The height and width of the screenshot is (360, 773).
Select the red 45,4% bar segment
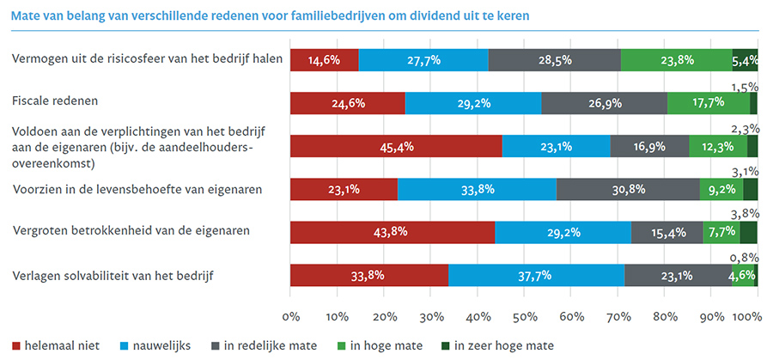pos(396,146)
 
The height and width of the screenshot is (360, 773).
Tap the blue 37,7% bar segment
pos(536,276)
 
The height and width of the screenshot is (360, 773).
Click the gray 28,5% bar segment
pos(554,60)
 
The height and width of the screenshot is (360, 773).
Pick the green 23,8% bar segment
pos(676,60)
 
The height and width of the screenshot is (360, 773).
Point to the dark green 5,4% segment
pos(745,60)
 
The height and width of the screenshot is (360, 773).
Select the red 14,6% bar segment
pos(324,60)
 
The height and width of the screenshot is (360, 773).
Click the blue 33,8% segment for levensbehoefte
pos(477,189)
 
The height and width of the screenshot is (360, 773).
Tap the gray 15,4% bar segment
pos(666,232)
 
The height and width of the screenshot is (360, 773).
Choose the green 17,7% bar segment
pos(709,103)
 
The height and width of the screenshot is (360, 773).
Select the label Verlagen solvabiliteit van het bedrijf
pos(113,276)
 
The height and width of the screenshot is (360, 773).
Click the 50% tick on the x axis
pos(524,317)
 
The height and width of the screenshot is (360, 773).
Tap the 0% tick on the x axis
pos(290,317)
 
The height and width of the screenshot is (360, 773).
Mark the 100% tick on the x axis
pos(747,317)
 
